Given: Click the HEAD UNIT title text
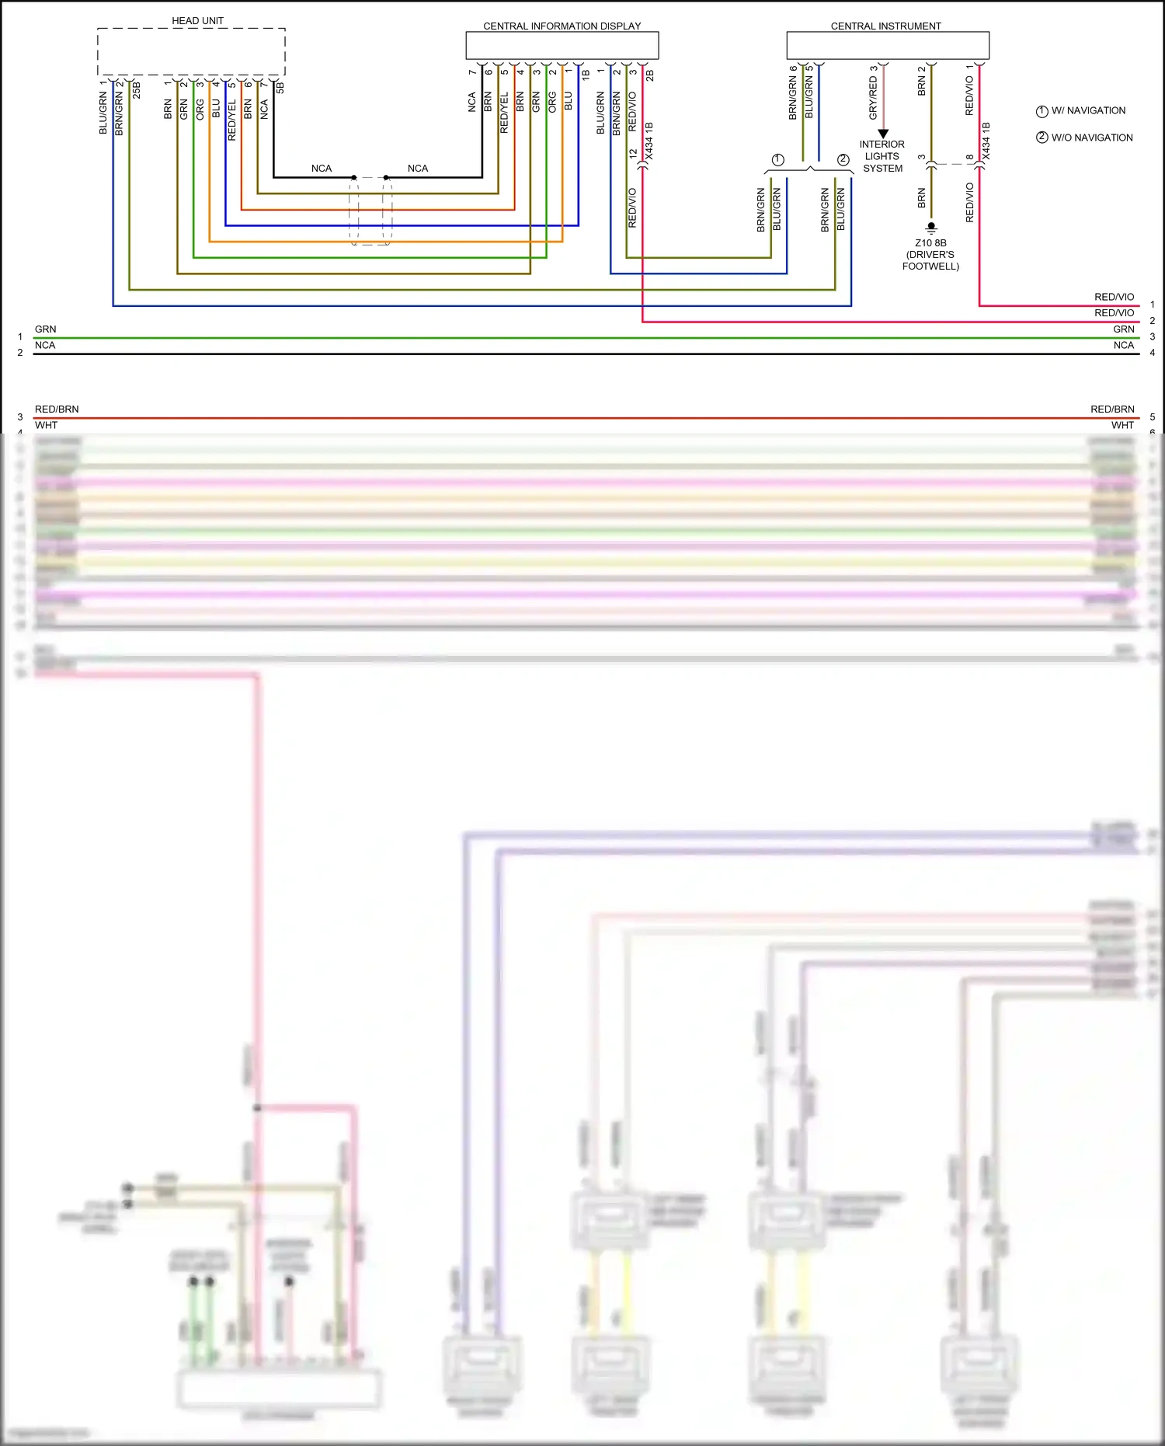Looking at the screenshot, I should (x=197, y=21).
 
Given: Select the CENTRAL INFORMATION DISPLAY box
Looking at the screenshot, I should (x=562, y=45).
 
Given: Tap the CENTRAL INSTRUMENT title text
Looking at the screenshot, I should (x=885, y=26).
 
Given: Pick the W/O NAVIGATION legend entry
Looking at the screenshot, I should (x=1084, y=138).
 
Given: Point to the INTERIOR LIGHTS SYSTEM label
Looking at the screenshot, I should (x=882, y=156).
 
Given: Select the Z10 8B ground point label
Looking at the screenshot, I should (x=930, y=243).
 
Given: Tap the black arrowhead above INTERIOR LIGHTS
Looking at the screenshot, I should (x=883, y=134).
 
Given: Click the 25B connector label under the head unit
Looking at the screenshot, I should (x=137, y=89).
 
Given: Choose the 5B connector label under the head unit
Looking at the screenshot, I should (x=280, y=87).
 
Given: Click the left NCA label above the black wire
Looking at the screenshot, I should (x=321, y=169).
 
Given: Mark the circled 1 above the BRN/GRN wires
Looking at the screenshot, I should (x=777, y=159).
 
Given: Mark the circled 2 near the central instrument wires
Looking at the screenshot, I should (x=843, y=159).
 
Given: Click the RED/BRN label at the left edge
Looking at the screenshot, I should (x=57, y=409).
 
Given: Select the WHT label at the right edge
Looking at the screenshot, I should (x=1122, y=425).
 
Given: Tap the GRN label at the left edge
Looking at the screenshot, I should (x=45, y=329).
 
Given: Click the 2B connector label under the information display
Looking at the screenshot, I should (x=650, y=75).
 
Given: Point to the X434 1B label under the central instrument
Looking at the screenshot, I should (x=986, y=141).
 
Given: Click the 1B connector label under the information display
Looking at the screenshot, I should (x=586, y=75).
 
